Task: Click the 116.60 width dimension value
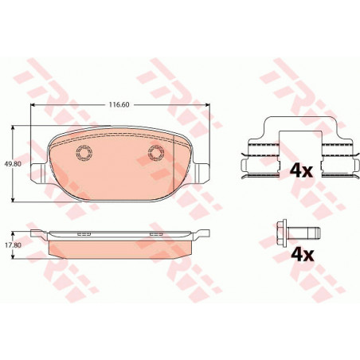point(119,104)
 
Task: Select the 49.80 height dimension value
point(13,164)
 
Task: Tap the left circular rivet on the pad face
point(84,153)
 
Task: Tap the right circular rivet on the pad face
point(156,153)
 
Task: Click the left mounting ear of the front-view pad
point(39,173)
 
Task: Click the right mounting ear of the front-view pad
point(201,173)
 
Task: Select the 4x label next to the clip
point(301,171)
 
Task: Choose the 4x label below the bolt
point(303,255)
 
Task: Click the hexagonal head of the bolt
point(280,233)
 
